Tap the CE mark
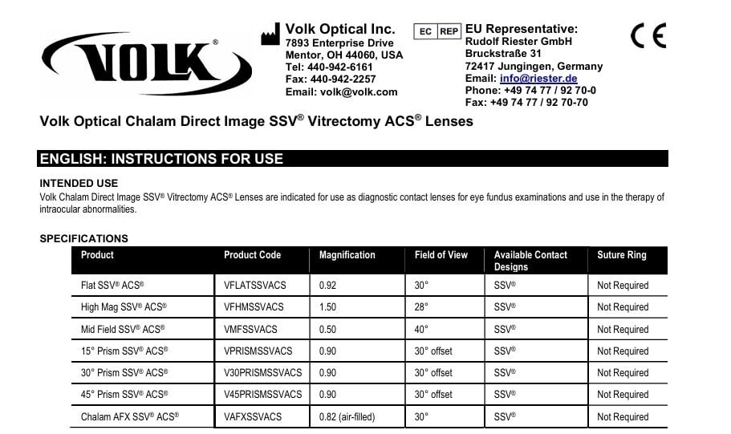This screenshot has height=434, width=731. tap(648, 36)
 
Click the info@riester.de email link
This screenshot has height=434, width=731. tap(538, 79)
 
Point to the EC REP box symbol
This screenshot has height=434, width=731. tap(437, 31)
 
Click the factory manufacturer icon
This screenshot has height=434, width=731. tap(270, 34)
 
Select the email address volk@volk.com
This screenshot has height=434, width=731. tap(359, 91)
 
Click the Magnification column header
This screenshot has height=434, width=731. tap(347, 255)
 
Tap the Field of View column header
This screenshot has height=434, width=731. tap(441, 255)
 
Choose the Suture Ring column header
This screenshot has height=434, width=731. tap(621, 255)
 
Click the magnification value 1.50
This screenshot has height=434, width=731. tap(328, 307)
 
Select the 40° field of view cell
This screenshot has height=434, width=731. tap(421, 329)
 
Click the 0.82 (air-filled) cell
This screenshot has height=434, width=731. tap(347, 416)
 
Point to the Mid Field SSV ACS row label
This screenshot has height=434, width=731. tap(123, 329)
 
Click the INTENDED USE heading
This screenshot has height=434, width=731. tap(79, 184)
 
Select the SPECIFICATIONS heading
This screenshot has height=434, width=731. tap(83, 238)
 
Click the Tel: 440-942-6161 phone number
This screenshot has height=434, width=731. tap(329, 67)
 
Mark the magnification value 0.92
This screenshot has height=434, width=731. tap(328, 286)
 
